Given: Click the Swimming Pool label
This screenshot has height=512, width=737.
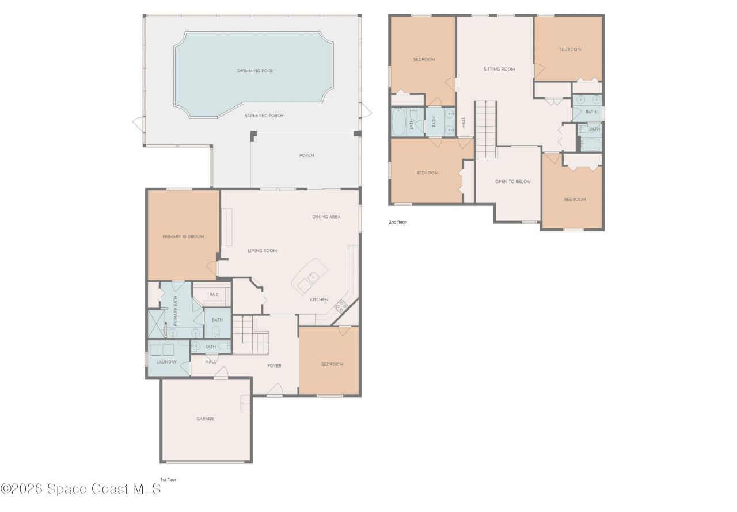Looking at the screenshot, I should tap(255, 71).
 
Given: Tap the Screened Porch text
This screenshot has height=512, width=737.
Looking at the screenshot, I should tap(264, 116).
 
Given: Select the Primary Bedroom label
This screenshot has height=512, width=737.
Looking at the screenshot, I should tap(183, 236).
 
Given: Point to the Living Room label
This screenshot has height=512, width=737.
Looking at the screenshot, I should tap(263, 251).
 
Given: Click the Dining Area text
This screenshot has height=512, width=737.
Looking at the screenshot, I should tap(326, 217).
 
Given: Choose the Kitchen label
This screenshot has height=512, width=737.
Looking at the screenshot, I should tap(319, 300).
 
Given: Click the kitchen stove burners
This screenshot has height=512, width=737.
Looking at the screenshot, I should tap(340, 307).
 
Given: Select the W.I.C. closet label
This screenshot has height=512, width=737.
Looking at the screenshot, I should tap(214, 295).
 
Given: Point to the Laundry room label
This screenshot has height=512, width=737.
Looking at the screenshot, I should tap(166, 362).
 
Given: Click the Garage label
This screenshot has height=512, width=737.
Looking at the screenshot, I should tap(205, 419).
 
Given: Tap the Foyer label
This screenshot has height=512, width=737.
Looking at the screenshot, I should tap(275, 366).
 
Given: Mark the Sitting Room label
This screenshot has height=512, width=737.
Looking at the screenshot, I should tap(499, 69).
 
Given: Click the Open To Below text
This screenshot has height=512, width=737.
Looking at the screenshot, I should tap(513, 182).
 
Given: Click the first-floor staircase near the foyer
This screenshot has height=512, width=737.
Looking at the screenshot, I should tap(250, 336).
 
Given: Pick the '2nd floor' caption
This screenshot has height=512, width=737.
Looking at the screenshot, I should tap(398, 221).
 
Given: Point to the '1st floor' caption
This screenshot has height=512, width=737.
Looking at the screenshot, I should tap(169, 479).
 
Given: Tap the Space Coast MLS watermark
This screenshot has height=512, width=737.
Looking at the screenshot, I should tap(81, 489).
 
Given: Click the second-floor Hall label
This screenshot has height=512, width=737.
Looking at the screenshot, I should tap(464, 122).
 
